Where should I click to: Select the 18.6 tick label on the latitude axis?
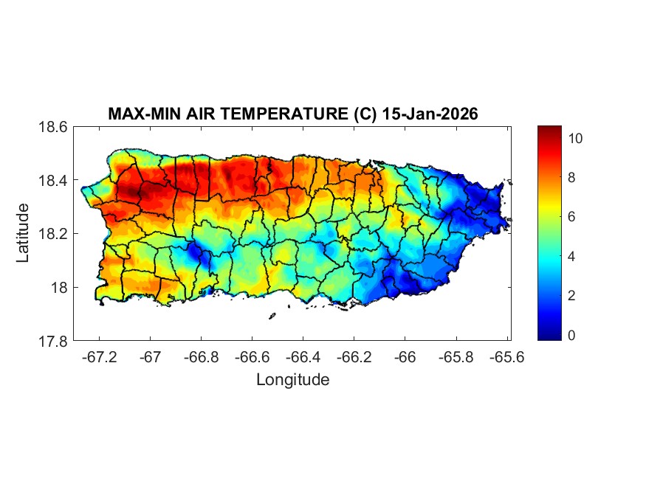pyautogui.click(x=53, y=127)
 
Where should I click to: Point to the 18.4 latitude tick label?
pyautogui.click(x=53, y=181)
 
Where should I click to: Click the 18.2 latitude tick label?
pyautogui.click(x=53, y=234)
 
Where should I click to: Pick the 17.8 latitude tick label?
pyautogui.click(x=53, y=341)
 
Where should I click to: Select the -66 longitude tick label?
pyautogui.click(x=405, y=357)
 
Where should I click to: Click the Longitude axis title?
pyautogui.click(x=292, y=380)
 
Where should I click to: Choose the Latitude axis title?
pyautogui.click(x=23, y=234)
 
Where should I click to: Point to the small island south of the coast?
pyautogui.click(x=272, y=316)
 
